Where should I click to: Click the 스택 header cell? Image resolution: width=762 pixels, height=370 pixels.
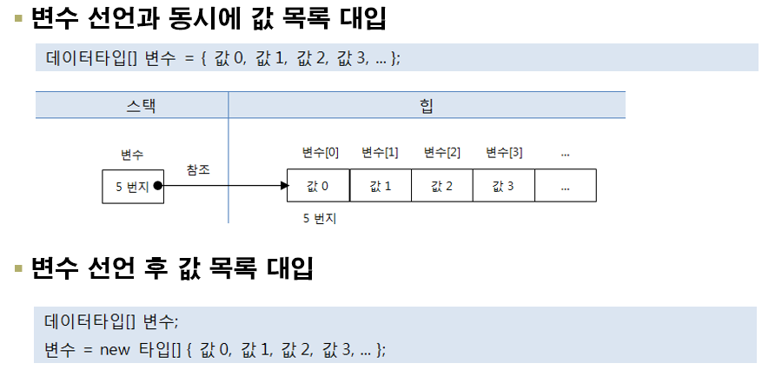tap(131, 105)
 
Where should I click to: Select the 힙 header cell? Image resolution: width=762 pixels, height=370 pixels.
tap(427, 105)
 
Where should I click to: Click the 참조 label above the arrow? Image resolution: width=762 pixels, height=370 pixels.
tap(198, 169)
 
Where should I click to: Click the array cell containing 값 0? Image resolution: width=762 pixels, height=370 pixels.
tap(318, 186)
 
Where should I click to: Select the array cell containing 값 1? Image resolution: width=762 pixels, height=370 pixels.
tap(380, 186)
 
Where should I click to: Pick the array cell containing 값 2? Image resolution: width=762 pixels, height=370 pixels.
tap(442, 186)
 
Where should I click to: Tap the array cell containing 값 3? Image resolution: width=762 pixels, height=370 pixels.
tap(504, 186)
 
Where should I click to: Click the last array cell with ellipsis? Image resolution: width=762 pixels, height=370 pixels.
tap(565, 186)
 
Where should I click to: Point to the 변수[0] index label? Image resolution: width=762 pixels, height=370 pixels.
tap(320, 153)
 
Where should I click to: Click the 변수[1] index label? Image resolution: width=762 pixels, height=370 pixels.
tap(380, 153)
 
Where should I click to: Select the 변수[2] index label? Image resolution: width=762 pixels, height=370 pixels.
tap(442, 153)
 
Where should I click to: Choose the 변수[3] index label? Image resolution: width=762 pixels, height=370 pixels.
tap(504, 153)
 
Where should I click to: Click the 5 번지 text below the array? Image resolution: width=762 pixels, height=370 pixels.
tap(320, 219)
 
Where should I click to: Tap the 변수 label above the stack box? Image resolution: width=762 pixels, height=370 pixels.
tap(132, 155)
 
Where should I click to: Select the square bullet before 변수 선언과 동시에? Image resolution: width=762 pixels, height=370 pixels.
tap(18, 19)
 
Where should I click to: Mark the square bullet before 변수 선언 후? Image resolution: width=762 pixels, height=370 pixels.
tap(18, 268)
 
